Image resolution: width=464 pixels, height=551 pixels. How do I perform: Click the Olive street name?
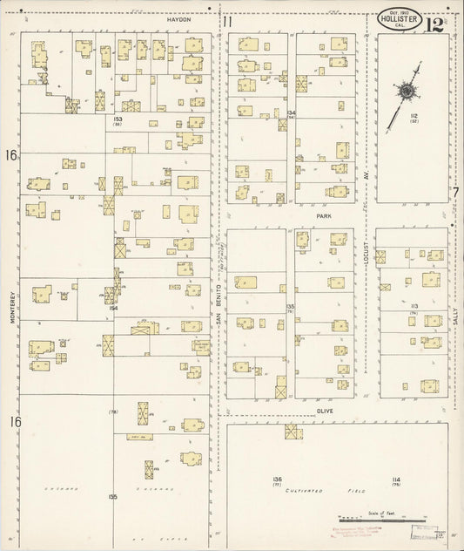(x=325, y=409)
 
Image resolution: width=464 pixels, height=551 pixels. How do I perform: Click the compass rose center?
(x=406, y=90)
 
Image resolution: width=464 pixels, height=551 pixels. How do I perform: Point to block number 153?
(x=117, y=119)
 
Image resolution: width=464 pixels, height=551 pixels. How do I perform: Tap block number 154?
(x=113, y=308)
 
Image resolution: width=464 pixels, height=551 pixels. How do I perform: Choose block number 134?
(x=292, y=113)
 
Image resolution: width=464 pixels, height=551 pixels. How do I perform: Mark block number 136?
(x=277, y=480)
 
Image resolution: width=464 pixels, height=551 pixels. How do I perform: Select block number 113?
(x=415, y=306)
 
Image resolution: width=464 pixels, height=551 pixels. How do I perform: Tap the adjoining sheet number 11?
(x=227, y=22)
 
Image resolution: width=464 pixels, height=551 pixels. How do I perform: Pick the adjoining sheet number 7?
(x=455, y=193)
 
